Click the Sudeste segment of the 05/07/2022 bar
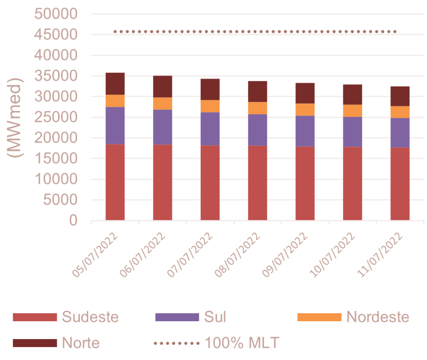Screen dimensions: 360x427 (115, 182)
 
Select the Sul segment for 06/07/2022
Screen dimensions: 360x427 (163, 127)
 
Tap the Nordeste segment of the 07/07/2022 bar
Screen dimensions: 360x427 (210, 106)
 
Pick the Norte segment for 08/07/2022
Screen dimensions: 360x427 (258, 91)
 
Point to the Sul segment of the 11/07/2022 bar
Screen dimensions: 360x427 (400, 133)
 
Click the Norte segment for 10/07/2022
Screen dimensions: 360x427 (353, 94)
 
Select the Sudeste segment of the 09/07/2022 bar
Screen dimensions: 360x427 (305, 183)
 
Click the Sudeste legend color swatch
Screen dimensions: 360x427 (34, 317)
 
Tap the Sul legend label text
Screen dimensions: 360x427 (215, 317)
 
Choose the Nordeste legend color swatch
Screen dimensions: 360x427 (319, 317)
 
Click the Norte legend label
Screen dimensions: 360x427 (81, 343)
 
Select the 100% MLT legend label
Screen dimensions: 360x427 (241, 343)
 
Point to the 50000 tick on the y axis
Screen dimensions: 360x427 (55, 14)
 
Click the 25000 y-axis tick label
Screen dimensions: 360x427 (55, 117)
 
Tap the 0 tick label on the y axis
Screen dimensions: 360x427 (73, 220)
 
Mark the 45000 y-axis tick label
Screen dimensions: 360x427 (55, 35)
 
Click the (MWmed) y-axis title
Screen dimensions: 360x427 (16, 117)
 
